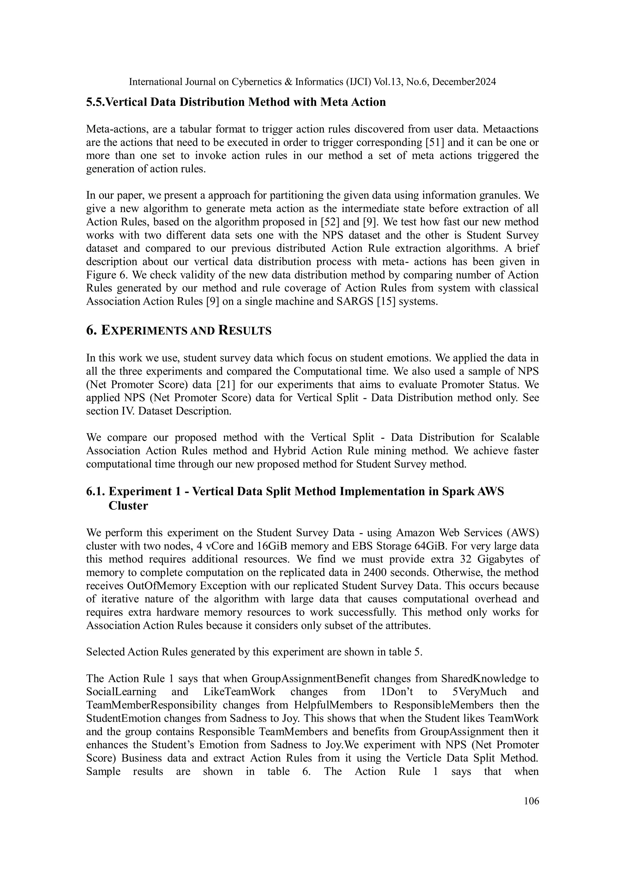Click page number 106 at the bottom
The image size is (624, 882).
[x=531, y=801]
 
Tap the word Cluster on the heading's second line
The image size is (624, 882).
[x=128, y=506]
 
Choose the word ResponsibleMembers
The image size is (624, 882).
[x=447, y=705]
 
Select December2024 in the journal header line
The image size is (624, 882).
[x=464, y=82]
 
